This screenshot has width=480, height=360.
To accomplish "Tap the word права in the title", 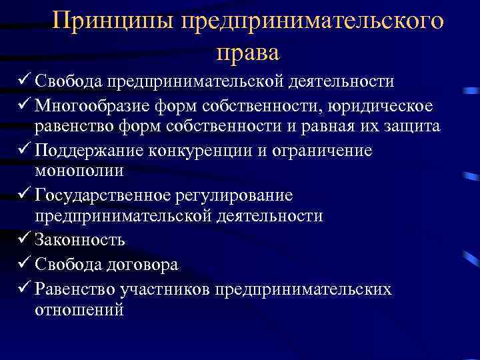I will tap(248, 51).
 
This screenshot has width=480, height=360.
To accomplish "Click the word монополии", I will tap(79, 171).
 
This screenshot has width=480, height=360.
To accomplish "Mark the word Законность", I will tap(81, 239).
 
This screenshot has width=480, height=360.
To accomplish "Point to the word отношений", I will tap(79, 310).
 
